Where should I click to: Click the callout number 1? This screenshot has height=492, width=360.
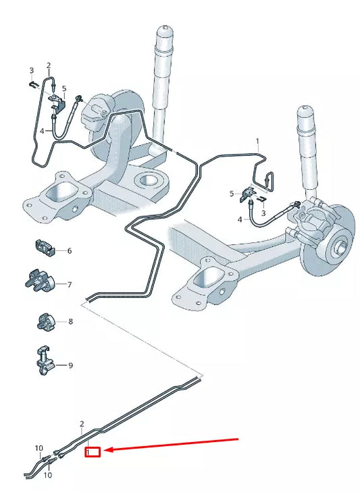coord(257,142)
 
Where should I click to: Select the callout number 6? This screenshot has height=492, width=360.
coord(69,250)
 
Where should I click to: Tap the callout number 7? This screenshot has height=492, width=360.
coord(69,285)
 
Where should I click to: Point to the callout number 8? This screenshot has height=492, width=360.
coord(70,322)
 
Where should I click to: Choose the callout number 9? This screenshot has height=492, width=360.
coord(70,365)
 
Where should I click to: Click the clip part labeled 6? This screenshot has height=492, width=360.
coord(45,248)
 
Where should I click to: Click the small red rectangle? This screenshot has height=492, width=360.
coord(93,452)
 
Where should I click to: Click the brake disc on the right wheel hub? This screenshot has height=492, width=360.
coord(338,236)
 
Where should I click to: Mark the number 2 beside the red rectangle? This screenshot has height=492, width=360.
coord(82,425)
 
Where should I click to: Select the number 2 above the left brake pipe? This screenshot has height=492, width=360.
coord(49,65)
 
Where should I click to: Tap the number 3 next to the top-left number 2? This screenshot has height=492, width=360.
coord(30,70)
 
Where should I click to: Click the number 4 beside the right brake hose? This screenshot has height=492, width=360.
coord(239,220)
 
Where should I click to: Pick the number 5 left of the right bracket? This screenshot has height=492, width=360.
coord(231,194)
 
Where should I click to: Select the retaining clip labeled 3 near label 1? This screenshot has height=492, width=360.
coord(263,200)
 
